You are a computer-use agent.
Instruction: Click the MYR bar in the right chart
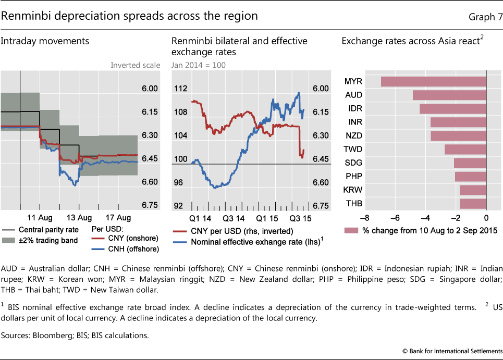[x=433, y=81]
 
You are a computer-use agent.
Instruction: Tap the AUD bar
[x=449, y=95]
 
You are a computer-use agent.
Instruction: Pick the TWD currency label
[x=354, y=149]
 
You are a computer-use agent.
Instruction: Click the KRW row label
[x=354, y=190]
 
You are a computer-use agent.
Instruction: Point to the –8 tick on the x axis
[x=364, y=218]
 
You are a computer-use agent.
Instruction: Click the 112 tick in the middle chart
[x=180, y=89]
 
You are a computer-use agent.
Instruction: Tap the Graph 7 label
[x=485, y=17]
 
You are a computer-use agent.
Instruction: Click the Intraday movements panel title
[x=45, y=41]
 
